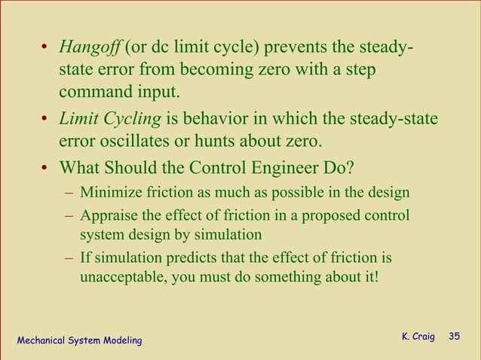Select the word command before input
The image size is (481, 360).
(93, 93)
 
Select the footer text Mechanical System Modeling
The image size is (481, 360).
(79, 341)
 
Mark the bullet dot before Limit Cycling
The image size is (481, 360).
(46, 120)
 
